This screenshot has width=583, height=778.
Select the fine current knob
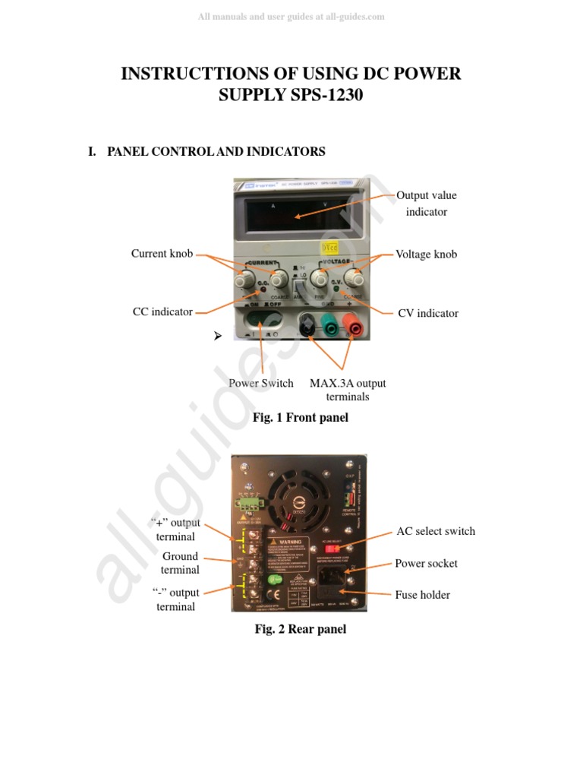click(243, 281)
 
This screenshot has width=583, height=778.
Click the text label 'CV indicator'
click(428, 313)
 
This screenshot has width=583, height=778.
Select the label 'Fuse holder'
click(422, 595)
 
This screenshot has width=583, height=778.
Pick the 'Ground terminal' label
click(180, 563)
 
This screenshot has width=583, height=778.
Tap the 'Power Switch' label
click(261, 383)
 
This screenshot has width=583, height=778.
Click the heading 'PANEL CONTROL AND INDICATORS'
click(216, 151)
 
